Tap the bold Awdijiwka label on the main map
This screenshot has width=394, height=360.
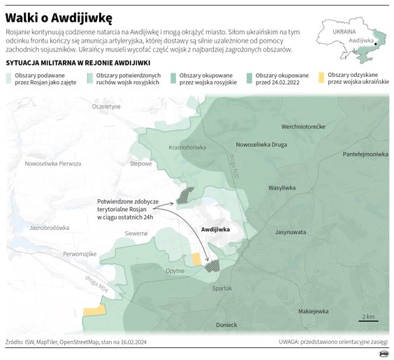coord(215,229)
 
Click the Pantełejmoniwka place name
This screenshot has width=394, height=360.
coord(365,154)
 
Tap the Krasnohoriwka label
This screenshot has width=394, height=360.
coord(188,147)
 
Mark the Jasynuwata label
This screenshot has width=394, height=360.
coord(291,231)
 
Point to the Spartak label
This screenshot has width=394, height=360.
coord(221,288)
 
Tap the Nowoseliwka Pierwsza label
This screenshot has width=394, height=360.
coord(53,164)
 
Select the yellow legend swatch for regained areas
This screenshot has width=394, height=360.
coord(321,75)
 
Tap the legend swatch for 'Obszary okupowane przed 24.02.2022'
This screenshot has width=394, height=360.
coord(250,75)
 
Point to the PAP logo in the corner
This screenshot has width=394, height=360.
coord(384,353)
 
